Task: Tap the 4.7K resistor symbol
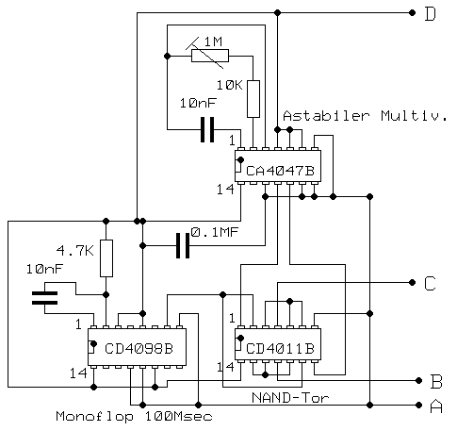pyautogui.click(x=106, y=257)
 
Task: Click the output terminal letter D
pyautogui.click(x=430, y=13)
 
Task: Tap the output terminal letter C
pyautogui.click(x=430, y=283)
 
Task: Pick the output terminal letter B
pyautogui.click(x=435, y=382)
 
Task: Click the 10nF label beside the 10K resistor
pyautogui.click(x=198, y=103)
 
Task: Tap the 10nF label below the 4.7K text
pyautogui.click(x=47, y=270)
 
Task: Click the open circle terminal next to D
pyautogui.click(x=413, y=13)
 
